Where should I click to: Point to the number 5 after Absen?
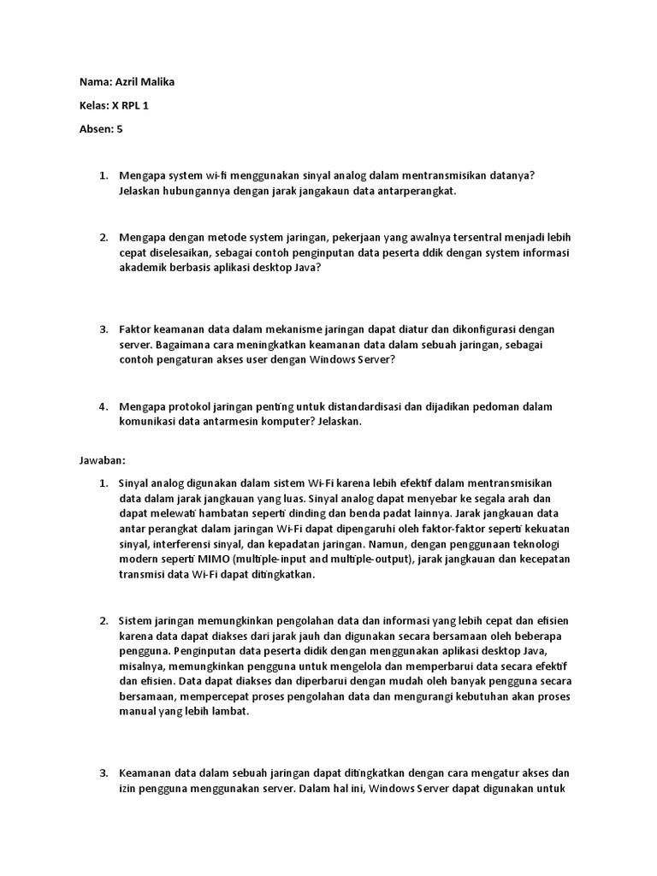pos(121,129)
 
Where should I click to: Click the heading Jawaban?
pos(103,460)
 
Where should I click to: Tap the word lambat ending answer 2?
pos(229,712)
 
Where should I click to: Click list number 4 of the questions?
pos(104,406)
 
